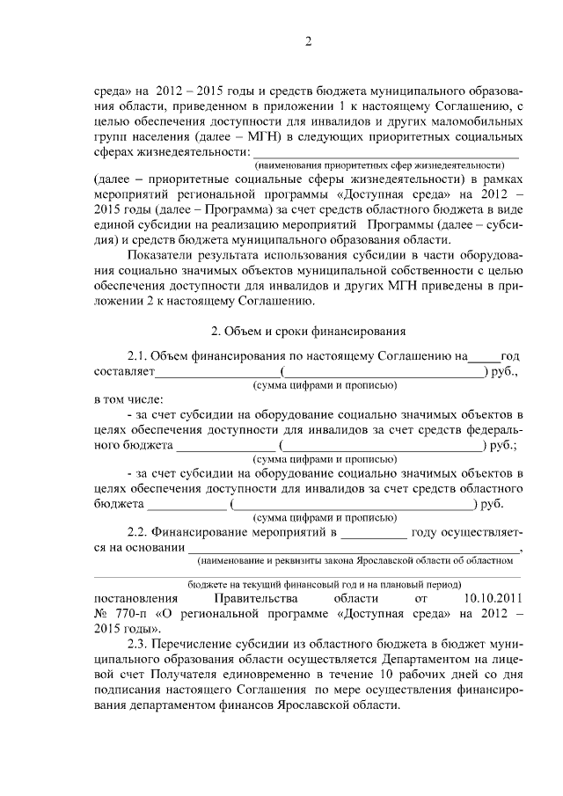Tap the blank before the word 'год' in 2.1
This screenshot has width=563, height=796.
[482, 356]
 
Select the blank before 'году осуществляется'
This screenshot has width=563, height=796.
[374, 532]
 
